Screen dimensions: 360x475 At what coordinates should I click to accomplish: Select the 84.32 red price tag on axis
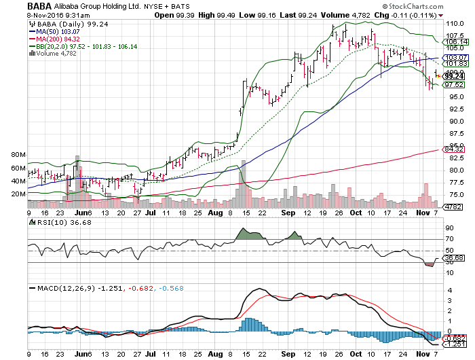click(453, 149)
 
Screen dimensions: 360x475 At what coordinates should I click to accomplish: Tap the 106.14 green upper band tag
click(453, 41)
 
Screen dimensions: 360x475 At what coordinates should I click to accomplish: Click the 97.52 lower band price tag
click(453, 85)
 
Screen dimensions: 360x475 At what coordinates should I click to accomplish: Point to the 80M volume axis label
click(17, 156)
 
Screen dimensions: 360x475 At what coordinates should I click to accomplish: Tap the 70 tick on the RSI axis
click(449, 239)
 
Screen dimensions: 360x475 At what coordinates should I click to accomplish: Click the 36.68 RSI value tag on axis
click(453, 258)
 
